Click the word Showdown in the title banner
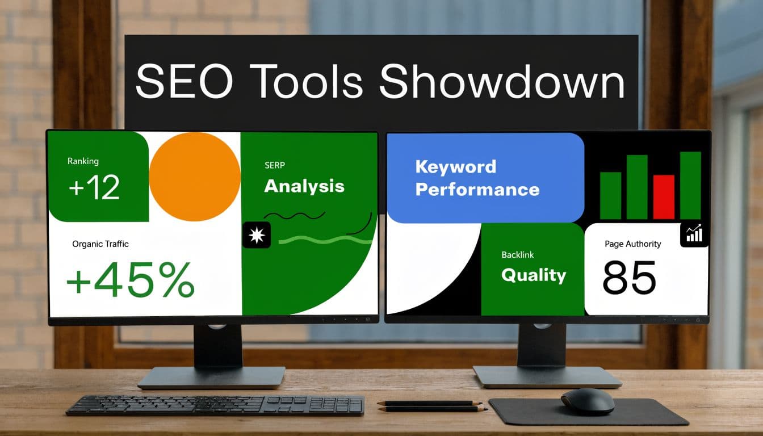(502, 82)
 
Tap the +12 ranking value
(94, 188)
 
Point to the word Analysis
(304, 186)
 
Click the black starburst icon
(257, 234)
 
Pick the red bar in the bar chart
(663, 196)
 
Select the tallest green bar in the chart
(690, 185)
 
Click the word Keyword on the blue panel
(455, 167)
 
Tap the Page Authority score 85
(629, 278)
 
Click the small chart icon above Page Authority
(694, 234)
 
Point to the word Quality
(534, 275)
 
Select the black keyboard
(215, 405)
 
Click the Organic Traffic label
(100, 244)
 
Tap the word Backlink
(517, 255)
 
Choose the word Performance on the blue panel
(477, 189)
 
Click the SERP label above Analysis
(275, 165)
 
